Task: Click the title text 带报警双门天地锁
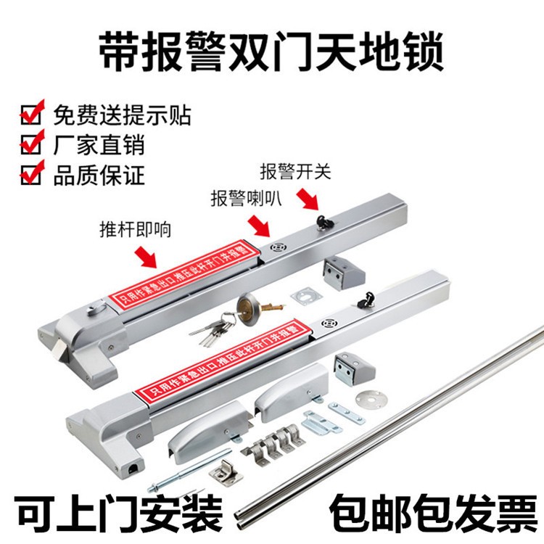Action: tap(271, 51)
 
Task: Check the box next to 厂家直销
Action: tap(32, 143)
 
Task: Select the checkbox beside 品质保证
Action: tap(32, 173)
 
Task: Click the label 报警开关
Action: tap(296, 171)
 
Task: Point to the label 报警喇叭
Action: tap(247, 198)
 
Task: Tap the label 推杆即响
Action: tap(136, 229)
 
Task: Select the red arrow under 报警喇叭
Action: tap(259, 226)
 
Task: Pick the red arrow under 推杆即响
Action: tap(146, 256)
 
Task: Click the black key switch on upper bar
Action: tap(324, 222)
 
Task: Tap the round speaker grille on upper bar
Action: tap(279, 247)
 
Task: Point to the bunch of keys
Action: tap(212, 329)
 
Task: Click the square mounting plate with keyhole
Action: tap(306, 297)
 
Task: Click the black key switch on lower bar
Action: tap(366, 300)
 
